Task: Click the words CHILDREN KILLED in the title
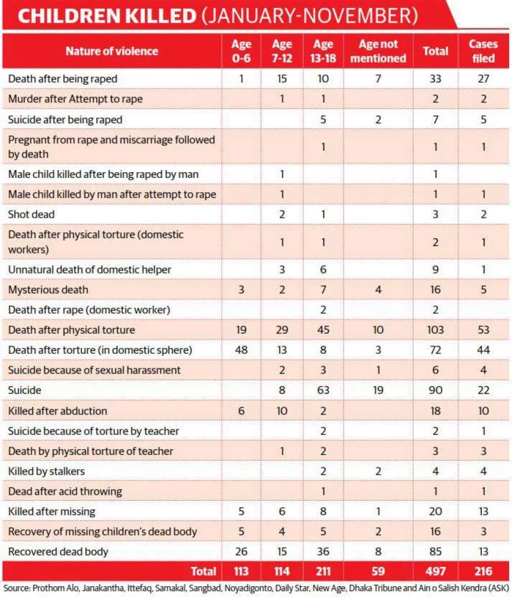[x=107, y=15]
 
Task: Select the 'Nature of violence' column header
[x=112, y=51]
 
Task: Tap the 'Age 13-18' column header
[x=323, y=51]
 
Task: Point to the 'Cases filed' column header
[x=483, y=51]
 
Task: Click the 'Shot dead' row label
[x=31, y=214]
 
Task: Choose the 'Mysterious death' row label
[x=48, y=290]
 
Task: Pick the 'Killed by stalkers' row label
[x=47, y=471]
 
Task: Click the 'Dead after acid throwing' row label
[x=65, y=492]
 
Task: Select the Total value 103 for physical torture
[x=435, y=330]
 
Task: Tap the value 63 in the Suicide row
[x=323, y=390]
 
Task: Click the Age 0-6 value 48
[x=241, y=350]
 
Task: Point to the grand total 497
[x=435, y=571]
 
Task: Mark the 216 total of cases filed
[x=484, y=571]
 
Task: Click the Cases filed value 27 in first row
[x=484, y=79]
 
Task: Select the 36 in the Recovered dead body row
[x=323, y=552]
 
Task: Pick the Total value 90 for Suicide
[x=435, y=390]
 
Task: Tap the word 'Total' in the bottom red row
[x=204, y=571]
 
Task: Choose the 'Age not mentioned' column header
[x=378, y=51]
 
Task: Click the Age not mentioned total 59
[x=378, y=571]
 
